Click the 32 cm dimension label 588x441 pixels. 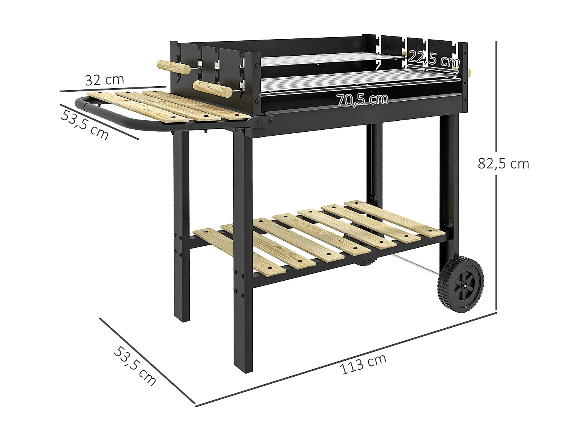click(104, 80)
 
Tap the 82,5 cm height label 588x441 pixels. click(503, 163)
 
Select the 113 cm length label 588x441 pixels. click(363, 364)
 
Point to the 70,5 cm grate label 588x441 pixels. click(363, 100)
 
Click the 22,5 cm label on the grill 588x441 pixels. click(433, 59)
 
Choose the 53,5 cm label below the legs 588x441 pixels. click(135, 365)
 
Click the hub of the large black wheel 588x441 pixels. click(461, 285)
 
